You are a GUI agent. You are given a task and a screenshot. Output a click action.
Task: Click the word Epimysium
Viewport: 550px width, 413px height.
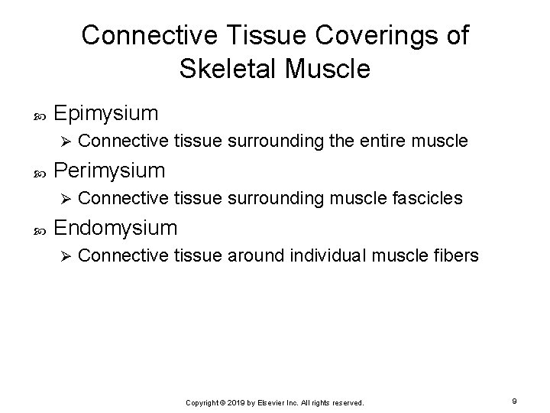(107, 114)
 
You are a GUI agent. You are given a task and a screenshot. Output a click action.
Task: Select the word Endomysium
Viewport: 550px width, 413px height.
(117, 227)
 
